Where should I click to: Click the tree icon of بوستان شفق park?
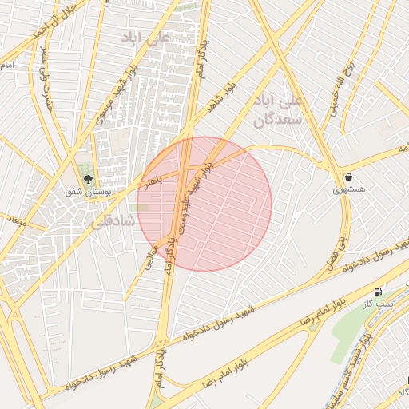[87, 181]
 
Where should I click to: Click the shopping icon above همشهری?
[348, 177]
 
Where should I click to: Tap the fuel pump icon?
[377, 292]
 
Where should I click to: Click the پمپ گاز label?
[375, 305]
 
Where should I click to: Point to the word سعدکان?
[276, 120]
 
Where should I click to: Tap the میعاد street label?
[16, 219]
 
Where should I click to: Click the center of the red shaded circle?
[204, 204]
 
